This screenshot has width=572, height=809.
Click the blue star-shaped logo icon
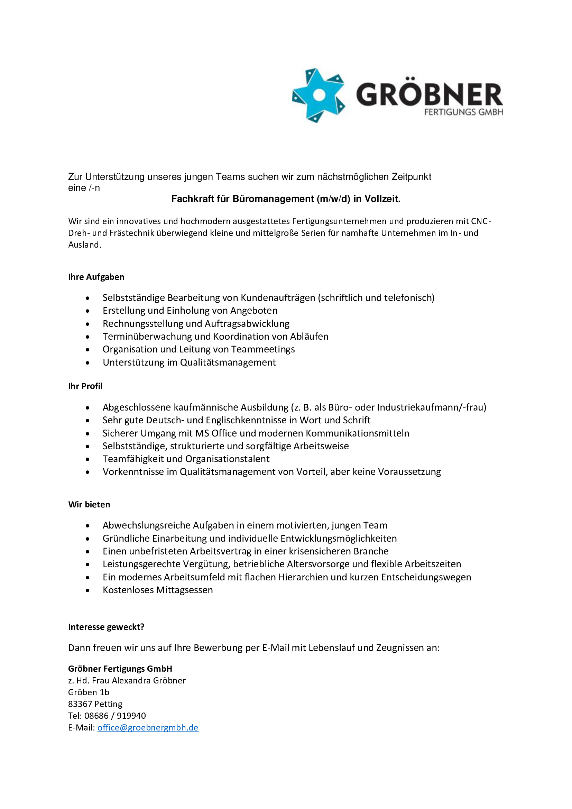coord(319,95)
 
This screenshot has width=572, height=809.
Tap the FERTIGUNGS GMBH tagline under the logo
coord(463,112)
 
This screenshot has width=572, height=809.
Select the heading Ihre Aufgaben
coord(96,277)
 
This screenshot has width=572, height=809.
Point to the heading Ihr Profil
coord(85,386)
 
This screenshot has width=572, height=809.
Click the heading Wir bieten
coord(89,505)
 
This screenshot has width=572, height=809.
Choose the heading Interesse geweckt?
coord(106,627)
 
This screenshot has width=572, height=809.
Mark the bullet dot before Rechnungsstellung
coord(87,324)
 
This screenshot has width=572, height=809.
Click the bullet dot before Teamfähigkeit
coord(87,459)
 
